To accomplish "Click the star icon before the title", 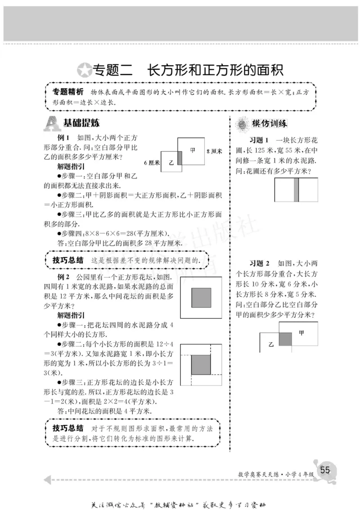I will click(x=84, y=70).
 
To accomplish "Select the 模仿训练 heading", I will click(x=270, y=123).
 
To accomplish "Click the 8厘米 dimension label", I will click(x=214, y=151).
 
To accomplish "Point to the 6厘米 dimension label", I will click(x=152, y=163).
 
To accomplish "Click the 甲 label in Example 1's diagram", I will click(x=193, y=151).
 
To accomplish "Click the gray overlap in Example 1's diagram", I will click(x=180, y=158).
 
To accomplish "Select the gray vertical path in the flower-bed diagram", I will click(x=296, y=190).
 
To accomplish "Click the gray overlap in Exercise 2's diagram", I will click(x=285, y=339).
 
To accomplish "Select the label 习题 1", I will click(x=259, y=139).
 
